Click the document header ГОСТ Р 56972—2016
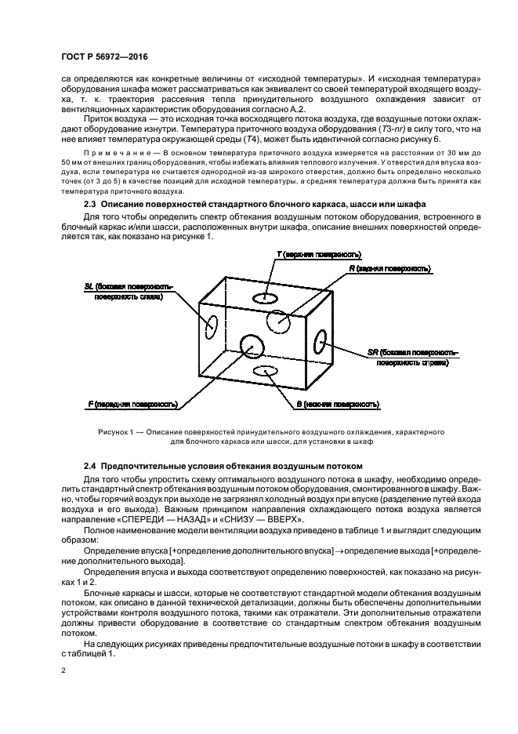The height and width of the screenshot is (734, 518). click(103, 56)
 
